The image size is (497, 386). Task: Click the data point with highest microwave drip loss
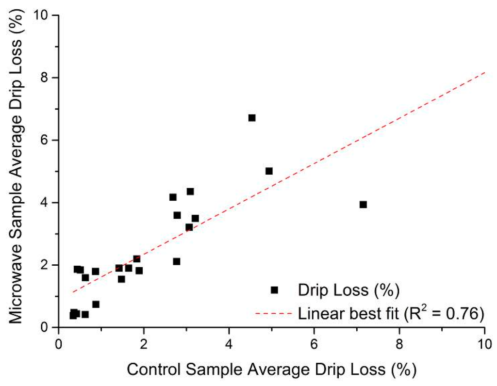click(x=251, y=118)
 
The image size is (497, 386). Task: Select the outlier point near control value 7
click(x=363, y=205)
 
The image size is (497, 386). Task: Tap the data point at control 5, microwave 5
click(x=269, y=171)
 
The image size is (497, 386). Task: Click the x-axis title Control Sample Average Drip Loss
click(x=271, y=370)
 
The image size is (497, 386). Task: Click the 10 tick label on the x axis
click(x=484, y=341)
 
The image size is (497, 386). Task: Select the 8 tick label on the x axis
click(x=399, y=341)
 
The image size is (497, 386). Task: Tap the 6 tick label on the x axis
click(x=314, y=341)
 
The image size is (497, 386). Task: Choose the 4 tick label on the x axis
click(x=229, y=341)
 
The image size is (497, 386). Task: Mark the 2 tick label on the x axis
click(x=144, y=341)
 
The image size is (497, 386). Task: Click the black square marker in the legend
click(x=274, y=290)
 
